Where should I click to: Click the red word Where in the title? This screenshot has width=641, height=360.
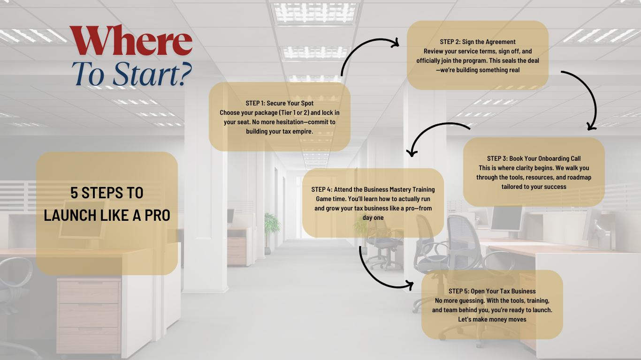click(131, 40)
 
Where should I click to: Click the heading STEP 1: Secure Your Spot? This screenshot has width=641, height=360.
click(279, 103)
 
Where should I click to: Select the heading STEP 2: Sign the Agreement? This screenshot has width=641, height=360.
click(478, 42)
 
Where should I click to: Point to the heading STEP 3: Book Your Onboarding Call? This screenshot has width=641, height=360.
click(534, 158)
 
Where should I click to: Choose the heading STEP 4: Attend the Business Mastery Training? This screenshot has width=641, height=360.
click(373, 189)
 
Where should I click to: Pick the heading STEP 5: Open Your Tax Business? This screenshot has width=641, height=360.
click(492, 291)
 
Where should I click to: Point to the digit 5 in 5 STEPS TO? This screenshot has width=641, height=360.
click(74, 193)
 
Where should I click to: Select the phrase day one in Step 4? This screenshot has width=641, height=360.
click(373, 217)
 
